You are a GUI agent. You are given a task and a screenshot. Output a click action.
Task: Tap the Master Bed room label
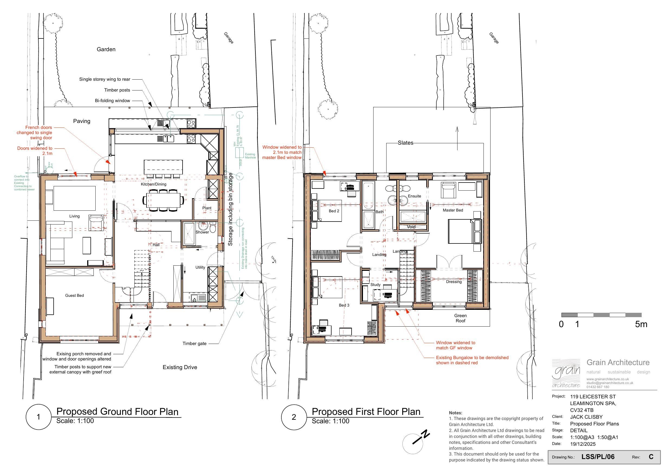point(453,210)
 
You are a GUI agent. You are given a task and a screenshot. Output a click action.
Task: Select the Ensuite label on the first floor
point(414,196)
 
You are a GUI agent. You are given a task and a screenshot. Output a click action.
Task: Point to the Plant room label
point(207,208)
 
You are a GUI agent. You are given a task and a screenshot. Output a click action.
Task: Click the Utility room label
point(200,267)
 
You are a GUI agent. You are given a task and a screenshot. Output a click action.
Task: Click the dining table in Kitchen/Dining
point(163,200)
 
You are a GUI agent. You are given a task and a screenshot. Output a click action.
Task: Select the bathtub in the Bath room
point(368,196)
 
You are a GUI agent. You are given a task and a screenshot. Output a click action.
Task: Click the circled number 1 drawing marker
point(39,417)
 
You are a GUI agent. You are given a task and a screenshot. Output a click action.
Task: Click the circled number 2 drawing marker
point(294,417)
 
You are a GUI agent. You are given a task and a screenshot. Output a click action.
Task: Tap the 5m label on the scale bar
point(641,324)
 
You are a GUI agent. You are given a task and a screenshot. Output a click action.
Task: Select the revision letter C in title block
point(651,457)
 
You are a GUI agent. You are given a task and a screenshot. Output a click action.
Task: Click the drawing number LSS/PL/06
point(598,457)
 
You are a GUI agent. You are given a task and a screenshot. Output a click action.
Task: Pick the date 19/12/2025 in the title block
point(583,444)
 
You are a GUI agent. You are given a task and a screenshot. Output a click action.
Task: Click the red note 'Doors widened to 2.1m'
point(35,151)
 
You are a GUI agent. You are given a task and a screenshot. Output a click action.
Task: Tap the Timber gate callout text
point(194,344)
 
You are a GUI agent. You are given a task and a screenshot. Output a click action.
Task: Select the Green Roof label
point(460,318)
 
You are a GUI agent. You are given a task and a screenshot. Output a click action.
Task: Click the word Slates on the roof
point(405,143)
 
